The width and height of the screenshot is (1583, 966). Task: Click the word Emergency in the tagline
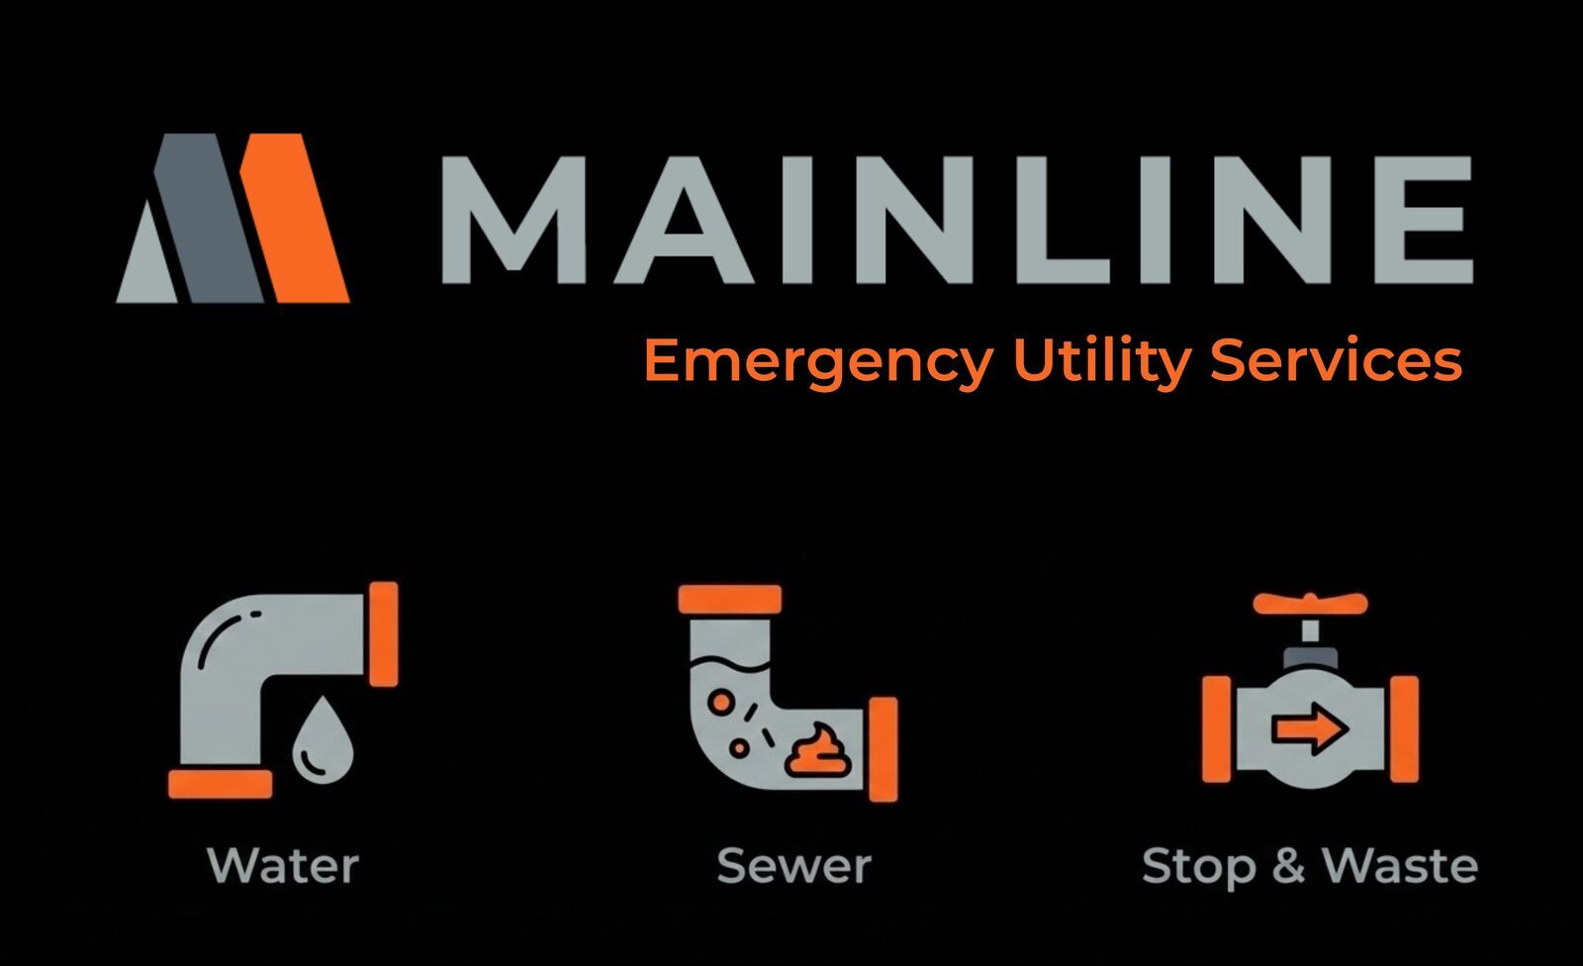point(817,361)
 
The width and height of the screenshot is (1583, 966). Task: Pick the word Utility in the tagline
point(1100,361)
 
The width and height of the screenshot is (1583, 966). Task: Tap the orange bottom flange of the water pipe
point(220,785)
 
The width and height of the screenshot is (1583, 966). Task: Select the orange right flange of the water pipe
point(383,633)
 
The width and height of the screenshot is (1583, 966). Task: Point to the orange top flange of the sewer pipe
point(730,599)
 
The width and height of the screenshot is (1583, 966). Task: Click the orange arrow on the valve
point(1310,730)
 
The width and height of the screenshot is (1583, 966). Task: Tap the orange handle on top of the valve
point(1310,603)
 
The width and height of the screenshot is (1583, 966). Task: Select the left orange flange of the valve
point(1216,729)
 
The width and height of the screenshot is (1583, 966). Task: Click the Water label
point(283,866)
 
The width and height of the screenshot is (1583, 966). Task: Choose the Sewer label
point(793,866)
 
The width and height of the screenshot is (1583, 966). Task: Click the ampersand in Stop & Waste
point(1289,866)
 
